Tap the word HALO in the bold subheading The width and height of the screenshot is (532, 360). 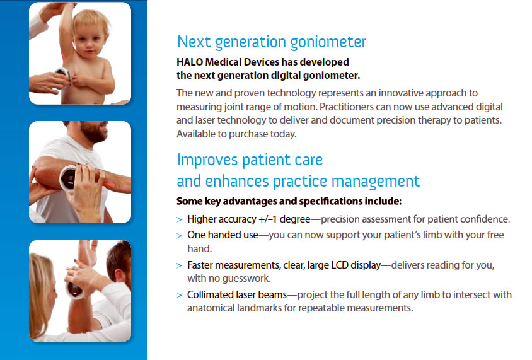click(190, 62)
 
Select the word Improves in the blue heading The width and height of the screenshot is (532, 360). click(207, 160)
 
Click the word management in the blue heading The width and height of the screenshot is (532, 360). click(375, 182)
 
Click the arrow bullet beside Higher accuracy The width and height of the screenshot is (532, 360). click(180, 220)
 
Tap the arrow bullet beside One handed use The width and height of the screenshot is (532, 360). click(180, 235)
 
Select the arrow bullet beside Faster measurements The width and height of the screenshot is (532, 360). click(180, 265)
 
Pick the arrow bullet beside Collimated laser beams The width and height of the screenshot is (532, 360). click(180, 295)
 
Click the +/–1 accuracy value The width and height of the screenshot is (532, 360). click(268, 219)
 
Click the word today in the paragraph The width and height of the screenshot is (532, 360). click(283, 134)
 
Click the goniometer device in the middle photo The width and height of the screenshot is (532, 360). click(68, 178)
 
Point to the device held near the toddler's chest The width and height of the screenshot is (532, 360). click(64, 73)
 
